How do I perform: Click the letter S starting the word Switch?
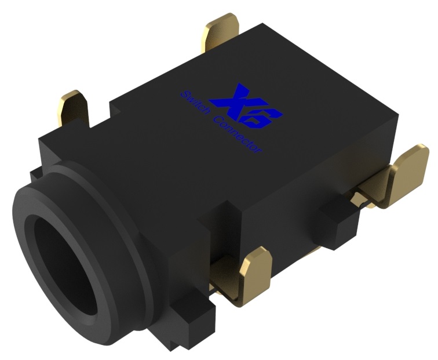[184, 94]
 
